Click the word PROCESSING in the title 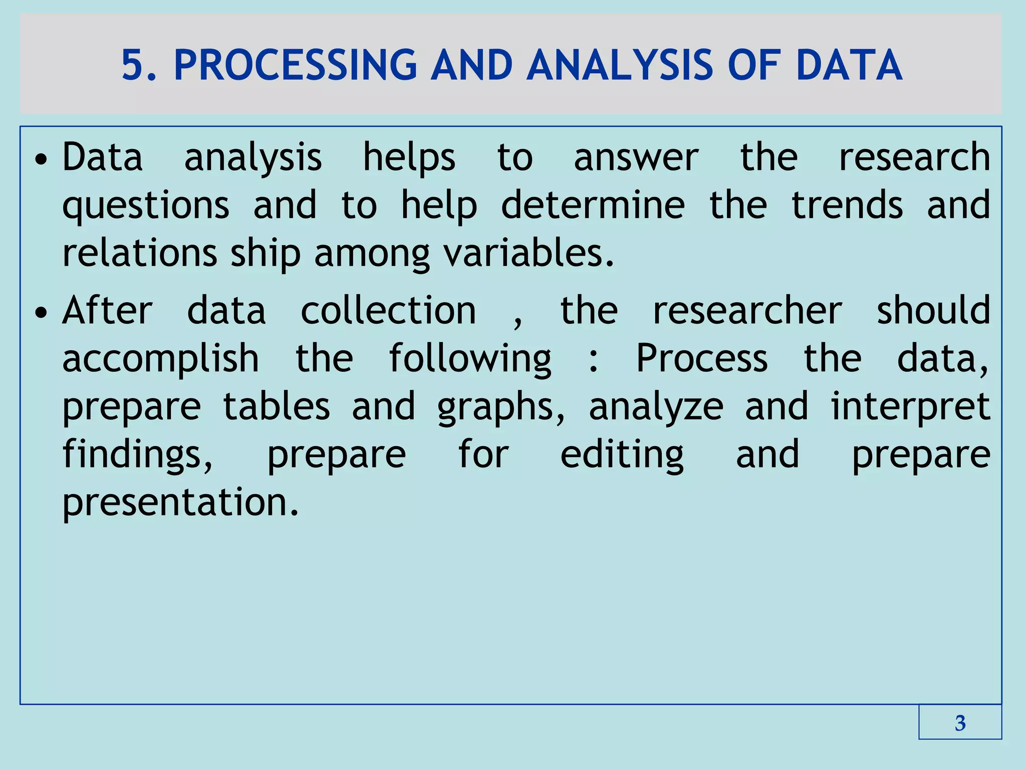(295, 65)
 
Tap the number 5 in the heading (133, 65)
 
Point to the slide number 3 (960, 723)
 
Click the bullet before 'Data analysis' (41, 159)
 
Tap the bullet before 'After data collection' (41, 313)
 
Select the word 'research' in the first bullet (914, 157)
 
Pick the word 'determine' (593, 205)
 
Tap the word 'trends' (847, 205)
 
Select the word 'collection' (388, 311)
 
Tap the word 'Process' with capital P (701, 358)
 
